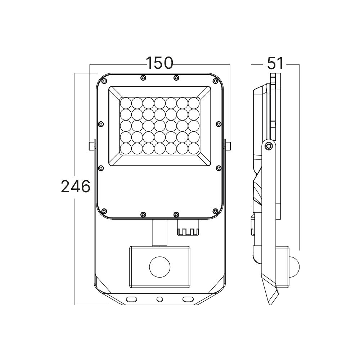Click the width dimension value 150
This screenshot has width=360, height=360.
[x=159, y=63]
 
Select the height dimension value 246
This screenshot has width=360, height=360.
[x=75, y=186]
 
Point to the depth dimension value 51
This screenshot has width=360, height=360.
[x=275, y=63]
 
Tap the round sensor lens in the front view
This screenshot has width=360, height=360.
[x=159, y=267]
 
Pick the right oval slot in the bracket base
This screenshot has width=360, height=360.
[x=187, y=299]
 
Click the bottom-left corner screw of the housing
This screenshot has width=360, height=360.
[x=104, y=211]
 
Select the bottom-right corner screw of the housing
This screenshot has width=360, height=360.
[x=215, y=211]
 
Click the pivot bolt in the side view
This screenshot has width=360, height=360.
[x=268, y=145]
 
